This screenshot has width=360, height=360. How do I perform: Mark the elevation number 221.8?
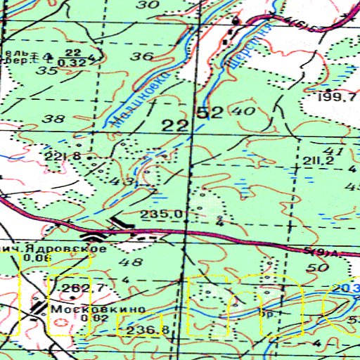tap(77, 155)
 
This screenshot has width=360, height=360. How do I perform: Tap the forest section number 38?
tap(53, 119)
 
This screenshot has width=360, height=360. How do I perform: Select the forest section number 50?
tap(319, 268)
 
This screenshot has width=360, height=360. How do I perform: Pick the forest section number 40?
tap(241, 111)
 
